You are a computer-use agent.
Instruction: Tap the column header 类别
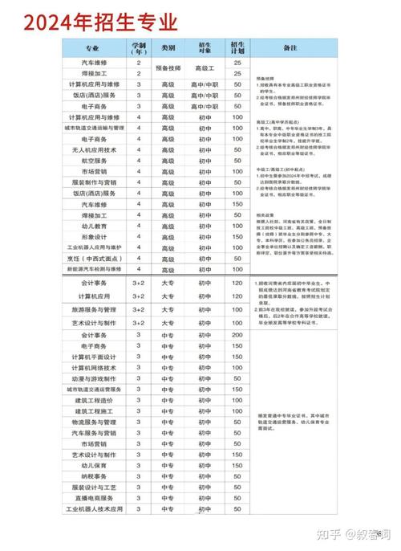pos(168,48)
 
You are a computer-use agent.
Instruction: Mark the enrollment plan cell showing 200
pos(237,335)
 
